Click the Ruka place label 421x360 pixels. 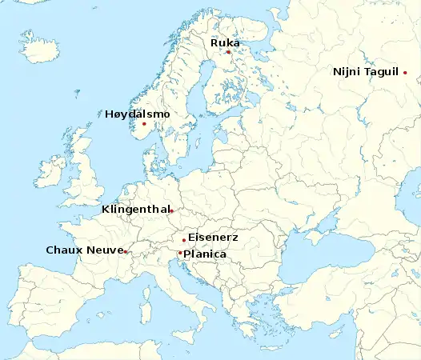tap(225, 42)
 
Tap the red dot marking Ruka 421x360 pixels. tap(228, 53)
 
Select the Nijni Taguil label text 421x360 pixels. tap(366, 72)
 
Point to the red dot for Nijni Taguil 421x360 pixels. tap(405, 73)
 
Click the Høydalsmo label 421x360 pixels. tap(138, 114)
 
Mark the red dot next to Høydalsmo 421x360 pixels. tap(144, 123)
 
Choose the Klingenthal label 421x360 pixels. tap(134, 210)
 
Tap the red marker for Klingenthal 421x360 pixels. tap(171, 211)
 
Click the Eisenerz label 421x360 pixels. tap(212, 238)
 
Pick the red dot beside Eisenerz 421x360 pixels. tap(184, 240)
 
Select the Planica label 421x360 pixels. tap(205, 254)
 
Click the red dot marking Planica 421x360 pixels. tap(180, 253)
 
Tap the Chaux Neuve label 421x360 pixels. tap(83, 250)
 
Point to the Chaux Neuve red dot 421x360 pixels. tap(126, 252)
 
